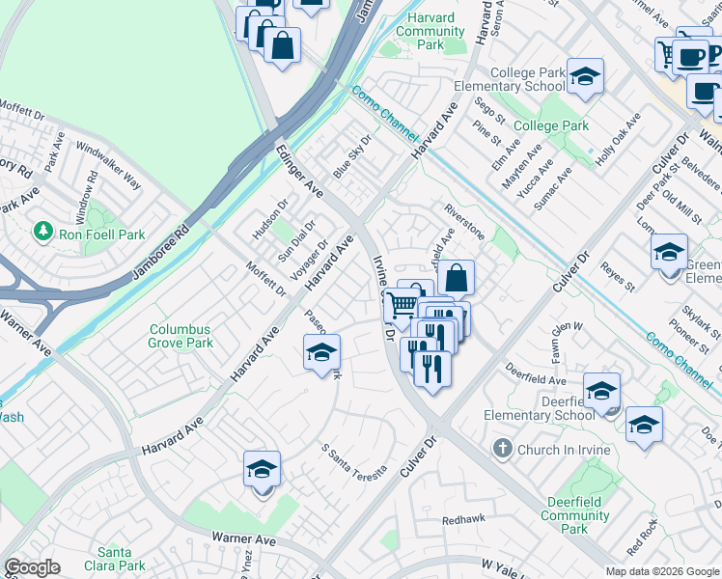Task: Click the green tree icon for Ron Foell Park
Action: [x=42, y=232]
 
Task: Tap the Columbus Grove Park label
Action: [x=180, y=336]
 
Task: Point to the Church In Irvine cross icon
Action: [x=501, y=449]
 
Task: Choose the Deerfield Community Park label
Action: [x=574, y=515]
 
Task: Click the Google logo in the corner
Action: [x=33, y=568]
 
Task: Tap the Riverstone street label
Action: [x=464, y=221]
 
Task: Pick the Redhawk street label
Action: [x=462, y=520]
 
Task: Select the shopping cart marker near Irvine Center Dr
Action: [x=402, y=305]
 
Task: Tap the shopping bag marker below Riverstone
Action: [x=456, y=278]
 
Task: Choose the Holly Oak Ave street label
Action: [x=618, y=141]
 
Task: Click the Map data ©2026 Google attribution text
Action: [x=661, y=571]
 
